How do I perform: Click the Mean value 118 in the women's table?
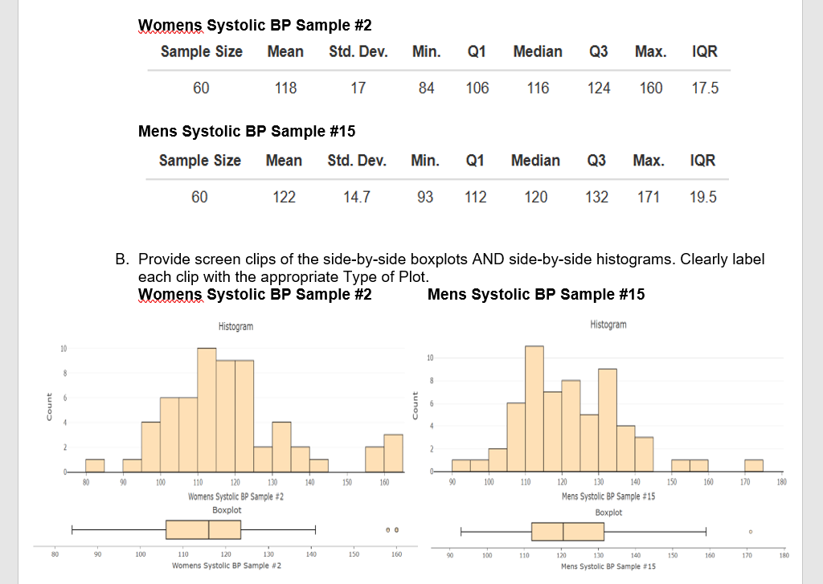[285, 88]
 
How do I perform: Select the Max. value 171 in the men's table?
[649, 197]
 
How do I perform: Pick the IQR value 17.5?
[705, 88]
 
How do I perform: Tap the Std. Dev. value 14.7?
[357, 197]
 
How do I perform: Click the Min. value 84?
[426, 88]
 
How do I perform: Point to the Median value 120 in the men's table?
[535, 197]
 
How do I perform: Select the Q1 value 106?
[477, 88]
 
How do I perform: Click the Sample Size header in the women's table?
[201, 51]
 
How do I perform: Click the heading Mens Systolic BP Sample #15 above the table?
[247, 131]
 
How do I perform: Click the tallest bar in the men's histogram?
[534, 408]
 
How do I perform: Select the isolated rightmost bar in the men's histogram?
[753, 465]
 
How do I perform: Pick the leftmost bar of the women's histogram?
[95, 465]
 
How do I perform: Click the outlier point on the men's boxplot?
[751, 531]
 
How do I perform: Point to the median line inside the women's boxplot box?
[209, 529]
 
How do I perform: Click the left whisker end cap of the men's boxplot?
[461, 531]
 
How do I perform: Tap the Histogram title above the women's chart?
[235, 326]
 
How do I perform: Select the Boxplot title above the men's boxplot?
[608, 512]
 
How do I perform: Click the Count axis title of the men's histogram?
[414, 404]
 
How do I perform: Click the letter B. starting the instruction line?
[122, 260]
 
